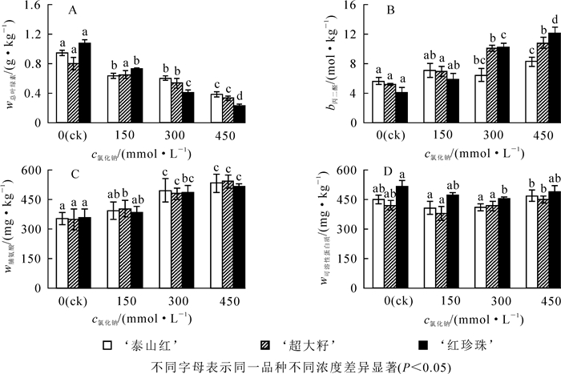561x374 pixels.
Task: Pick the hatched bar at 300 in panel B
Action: coord(469,85)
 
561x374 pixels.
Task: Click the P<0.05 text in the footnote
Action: coord(426,367)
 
